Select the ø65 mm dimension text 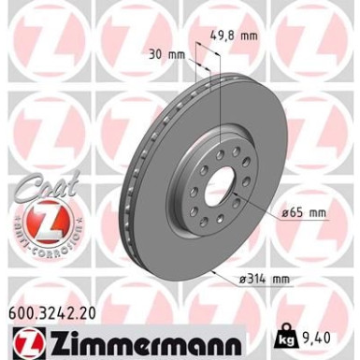[x=303, y=213]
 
